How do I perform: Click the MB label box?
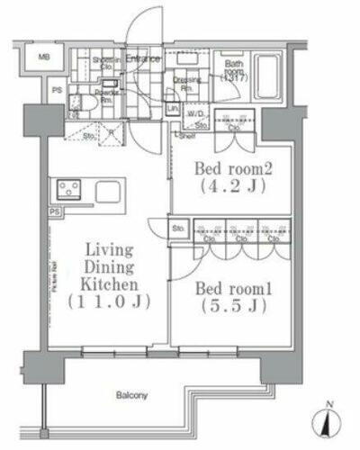click(44, 59)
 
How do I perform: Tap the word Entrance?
click(143, 59)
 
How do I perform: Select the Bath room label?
click(232, 70)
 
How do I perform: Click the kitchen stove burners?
click(69, 190)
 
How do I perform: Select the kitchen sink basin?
click(108, 191)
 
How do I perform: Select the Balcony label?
click(131, 394)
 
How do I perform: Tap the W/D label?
click(194, 114)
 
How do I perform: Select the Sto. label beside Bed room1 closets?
click(178, 228)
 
